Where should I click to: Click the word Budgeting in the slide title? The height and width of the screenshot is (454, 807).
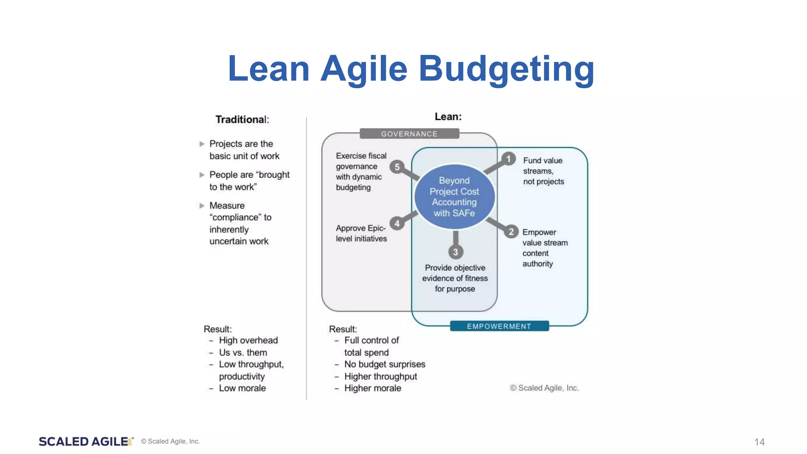tap(506, 69)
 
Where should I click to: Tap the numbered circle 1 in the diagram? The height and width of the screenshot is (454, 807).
tap(508, 159)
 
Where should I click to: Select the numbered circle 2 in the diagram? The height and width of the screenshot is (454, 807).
tap(511, 232)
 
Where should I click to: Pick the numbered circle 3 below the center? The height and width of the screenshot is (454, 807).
tap(456, 252)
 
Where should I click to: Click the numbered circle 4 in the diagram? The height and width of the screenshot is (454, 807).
tap(397, 224)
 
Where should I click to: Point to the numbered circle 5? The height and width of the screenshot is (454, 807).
tap(397, 167)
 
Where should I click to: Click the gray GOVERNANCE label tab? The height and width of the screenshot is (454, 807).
tap(409, 134)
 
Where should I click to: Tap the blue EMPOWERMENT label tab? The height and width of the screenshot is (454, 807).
tap(499, 326)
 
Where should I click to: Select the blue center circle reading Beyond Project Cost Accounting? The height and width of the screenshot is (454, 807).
tap(454, 197)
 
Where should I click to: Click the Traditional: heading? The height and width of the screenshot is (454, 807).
tap(242, 119)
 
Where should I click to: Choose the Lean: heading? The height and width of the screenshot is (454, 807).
tap(448, 117)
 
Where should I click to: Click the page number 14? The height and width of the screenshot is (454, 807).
tap(759, 442)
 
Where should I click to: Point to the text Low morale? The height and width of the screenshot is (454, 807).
tap(242, 388)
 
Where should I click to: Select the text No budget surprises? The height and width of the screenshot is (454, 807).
tap(385, 364)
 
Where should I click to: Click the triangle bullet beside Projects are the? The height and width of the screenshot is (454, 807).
tap(202, 144)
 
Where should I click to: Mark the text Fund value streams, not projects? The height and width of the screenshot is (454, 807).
tap(543, 171)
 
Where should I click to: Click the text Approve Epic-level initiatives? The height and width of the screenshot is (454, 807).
tap(361, 233)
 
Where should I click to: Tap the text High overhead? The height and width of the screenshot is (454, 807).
tap(248, 340)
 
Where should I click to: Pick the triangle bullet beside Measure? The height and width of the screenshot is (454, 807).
tap(202, 206)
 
